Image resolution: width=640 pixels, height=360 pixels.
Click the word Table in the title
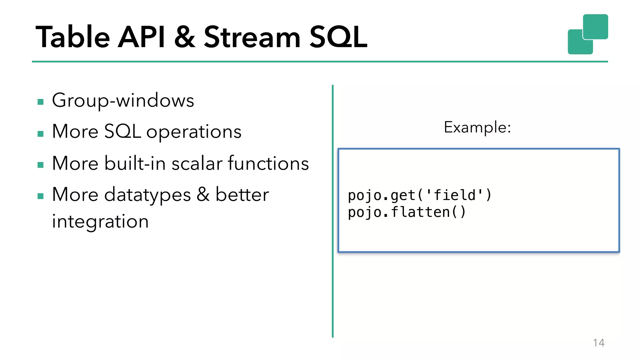tap(72, 37)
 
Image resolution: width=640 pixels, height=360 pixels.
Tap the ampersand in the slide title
tap(185, 37)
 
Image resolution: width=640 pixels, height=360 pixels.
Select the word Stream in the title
tap(252, 37)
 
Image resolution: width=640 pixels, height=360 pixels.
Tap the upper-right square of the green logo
tap(595, 27)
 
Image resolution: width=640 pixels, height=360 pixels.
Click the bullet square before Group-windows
tap(40, 102)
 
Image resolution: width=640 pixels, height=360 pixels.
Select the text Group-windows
tap(123, 101)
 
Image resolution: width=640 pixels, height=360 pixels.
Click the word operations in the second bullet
tap(194, 132)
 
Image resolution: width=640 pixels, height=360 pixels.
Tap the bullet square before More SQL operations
tap(40, 134)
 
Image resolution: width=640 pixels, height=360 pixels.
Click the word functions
tap(268, 163)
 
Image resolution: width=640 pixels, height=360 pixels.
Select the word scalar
tap(197, 164)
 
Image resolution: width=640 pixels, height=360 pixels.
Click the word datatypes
tap(147, 195)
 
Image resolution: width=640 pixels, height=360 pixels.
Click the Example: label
tap(477, 127)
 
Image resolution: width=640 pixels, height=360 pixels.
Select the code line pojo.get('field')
tap(420, 195)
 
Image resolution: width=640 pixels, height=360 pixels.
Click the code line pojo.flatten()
tap(407, 212)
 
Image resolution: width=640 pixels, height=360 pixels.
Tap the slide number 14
tap(598, 343)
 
